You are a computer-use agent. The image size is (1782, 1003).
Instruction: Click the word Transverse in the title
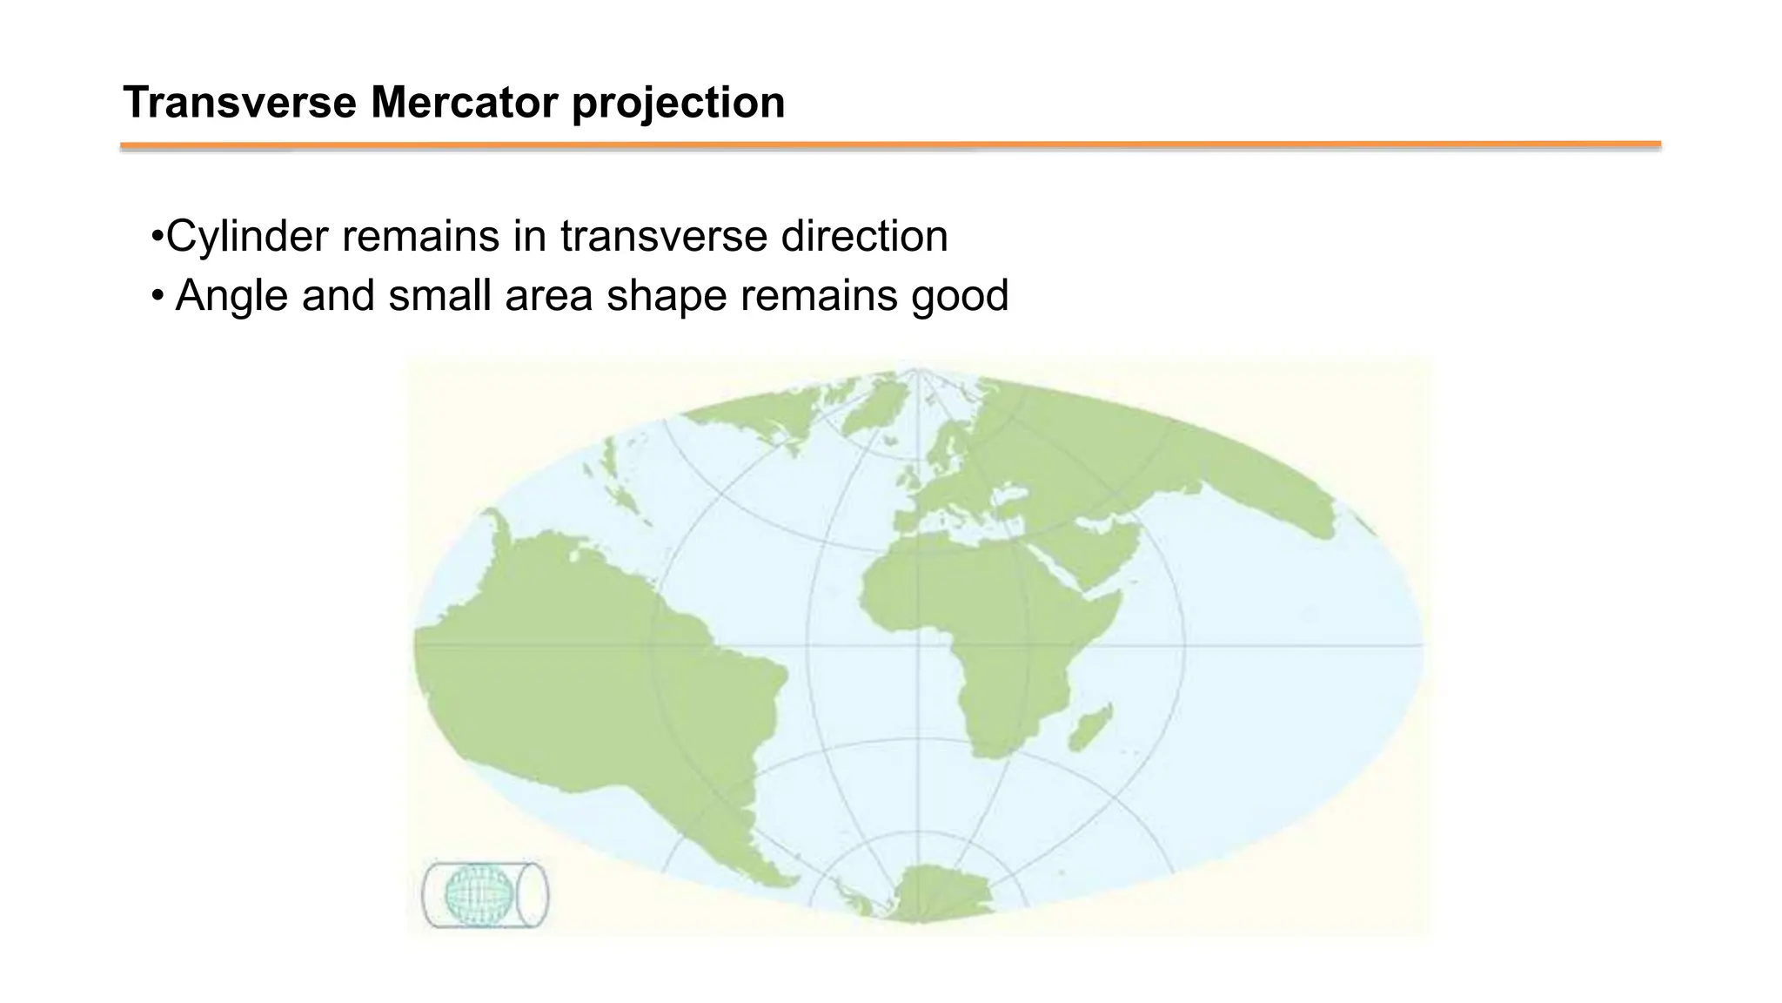[239, 103]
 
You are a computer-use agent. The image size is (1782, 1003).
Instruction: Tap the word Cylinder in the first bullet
[247, 237]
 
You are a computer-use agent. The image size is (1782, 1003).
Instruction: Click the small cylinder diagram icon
[485, 894]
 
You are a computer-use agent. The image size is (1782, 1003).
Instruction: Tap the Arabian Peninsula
[1101, 549]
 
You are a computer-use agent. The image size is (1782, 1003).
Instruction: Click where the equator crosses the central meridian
[917, 645]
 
